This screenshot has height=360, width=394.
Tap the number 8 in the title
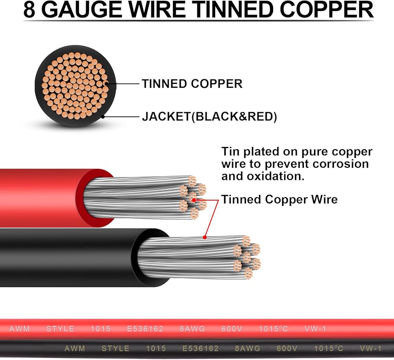coord(30,11)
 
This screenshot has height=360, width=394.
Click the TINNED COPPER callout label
coord(192,84)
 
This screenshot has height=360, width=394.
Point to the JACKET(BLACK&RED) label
coord(209,117)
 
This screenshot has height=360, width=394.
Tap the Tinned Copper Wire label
coord(279,200)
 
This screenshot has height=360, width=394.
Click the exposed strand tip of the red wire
coord(192,197)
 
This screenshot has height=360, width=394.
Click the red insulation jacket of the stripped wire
coord(39,197)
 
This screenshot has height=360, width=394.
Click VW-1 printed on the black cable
coord(371,349)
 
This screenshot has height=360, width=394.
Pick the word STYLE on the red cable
coord(60,329)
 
